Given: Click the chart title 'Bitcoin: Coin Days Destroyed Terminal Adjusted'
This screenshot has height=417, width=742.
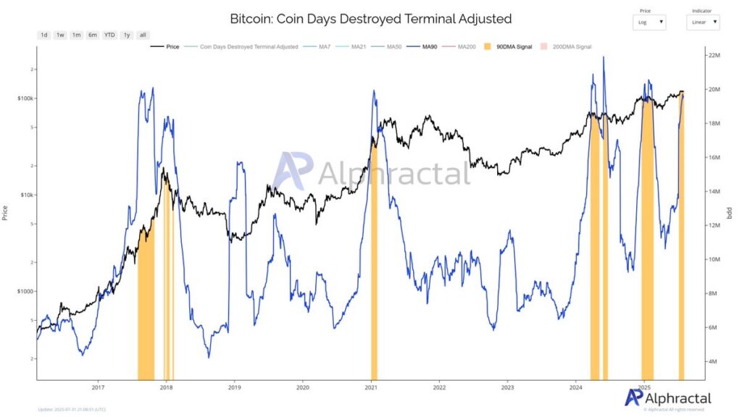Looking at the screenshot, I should click(370, 18).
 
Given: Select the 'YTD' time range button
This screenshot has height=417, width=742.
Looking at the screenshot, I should click(109, 35).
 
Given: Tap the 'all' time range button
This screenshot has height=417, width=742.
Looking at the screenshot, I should click(143, 35).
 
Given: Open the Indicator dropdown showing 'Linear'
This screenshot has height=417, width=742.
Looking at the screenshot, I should click(703, 22).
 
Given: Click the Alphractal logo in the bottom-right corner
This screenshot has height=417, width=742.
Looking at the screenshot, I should click(667, 397).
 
